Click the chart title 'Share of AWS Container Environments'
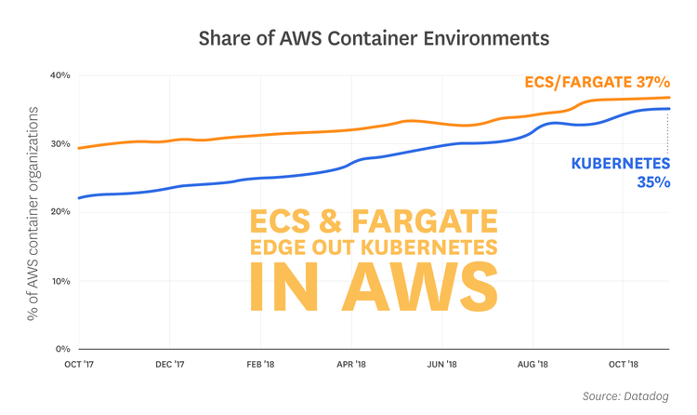click(x=348, y=39)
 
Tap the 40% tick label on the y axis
click(x=60, y=75)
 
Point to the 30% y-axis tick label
click(x=60, y=144)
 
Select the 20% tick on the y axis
click(x=60, y=212)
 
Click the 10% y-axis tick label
click(x=60, y=281)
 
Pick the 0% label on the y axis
click(x=62, y=349)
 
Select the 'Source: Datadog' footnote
click(x=625, y=396)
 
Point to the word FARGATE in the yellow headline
click(x=432, y=221)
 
